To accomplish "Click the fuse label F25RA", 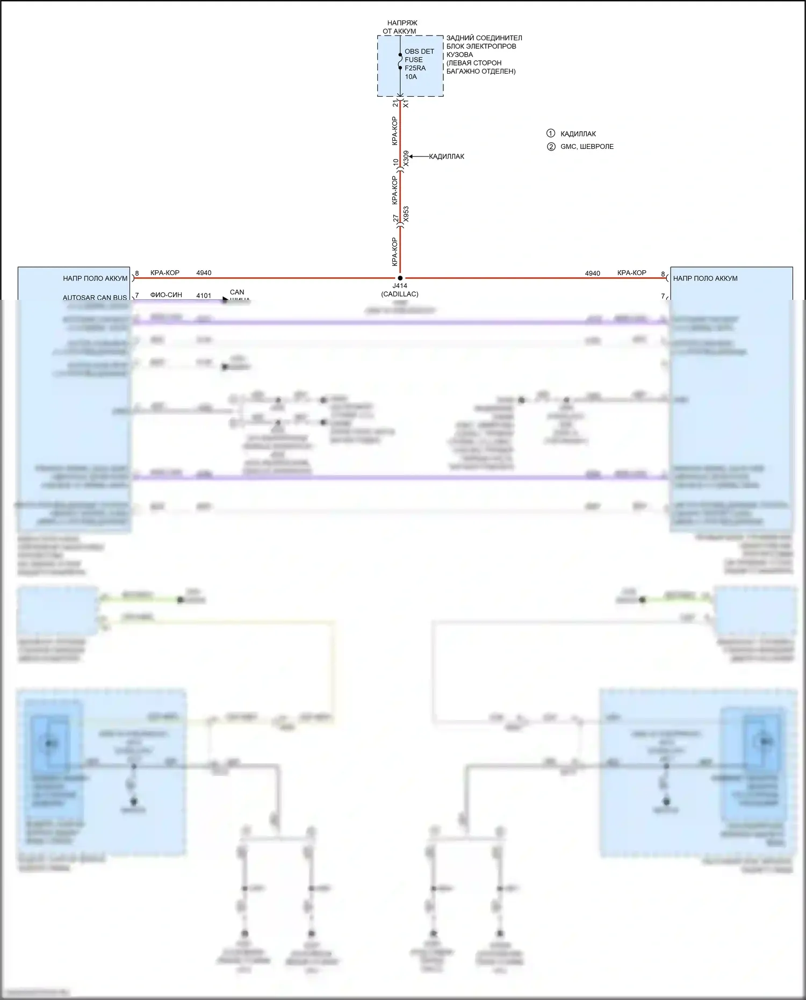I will (x=415, y=68).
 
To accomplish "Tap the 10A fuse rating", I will (x=411, y=77).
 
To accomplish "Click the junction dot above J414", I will (x=400, y=278).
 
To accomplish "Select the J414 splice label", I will (x=400, y=286).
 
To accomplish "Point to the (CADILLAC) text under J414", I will (x=400, y=294).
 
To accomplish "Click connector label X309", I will (x=406, y=158).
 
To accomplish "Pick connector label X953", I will (x=406, y=214).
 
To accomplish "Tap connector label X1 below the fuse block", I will (x=406, y=103).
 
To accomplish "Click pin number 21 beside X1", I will (x=395, y=103).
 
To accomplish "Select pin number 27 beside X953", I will (x=396, y=218).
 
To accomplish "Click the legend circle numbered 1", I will (x=550, y=133).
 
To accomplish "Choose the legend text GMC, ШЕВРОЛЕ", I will (x=587, y=146).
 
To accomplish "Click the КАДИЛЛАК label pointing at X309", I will (x=447, y=156).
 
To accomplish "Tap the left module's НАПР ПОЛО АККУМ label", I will (x=95, y=278).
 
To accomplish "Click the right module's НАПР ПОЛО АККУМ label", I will (x=705, y=278).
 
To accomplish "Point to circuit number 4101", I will (x=204, y=296).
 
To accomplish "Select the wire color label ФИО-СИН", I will (x=166, y=295).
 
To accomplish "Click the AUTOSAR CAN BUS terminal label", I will (x=95, y=297).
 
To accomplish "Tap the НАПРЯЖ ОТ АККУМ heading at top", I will (x=400, y=27).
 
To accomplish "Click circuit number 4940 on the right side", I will (x=592, y=274).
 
